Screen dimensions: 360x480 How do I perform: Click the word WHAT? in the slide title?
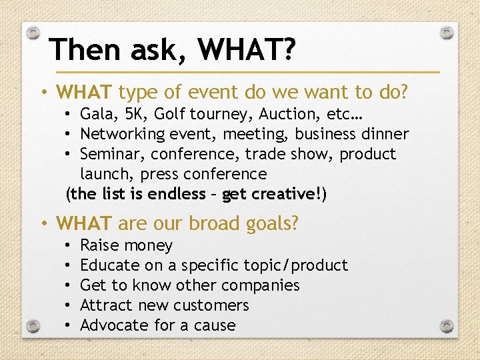[247, 49]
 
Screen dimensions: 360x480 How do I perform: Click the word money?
[149, 245]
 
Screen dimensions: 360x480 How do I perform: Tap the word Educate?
[109, 265]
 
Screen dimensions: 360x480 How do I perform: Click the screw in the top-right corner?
[448, 32]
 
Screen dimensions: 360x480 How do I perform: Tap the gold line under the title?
[247, 71]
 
